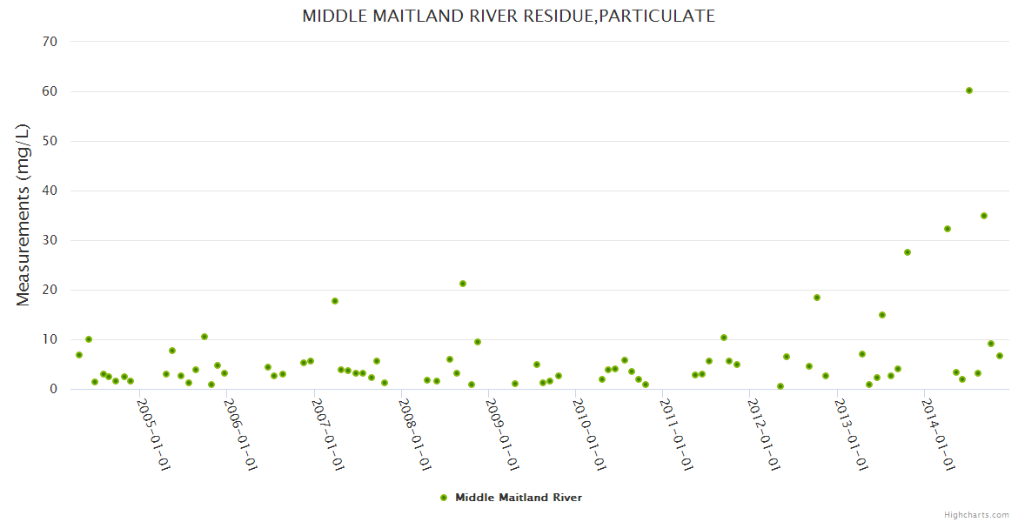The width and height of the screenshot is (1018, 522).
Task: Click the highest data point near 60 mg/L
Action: (x=969, y=90)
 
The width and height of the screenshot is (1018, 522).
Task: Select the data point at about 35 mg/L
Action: (x=984, y=216)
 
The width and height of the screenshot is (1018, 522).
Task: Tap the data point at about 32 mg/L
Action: (x=948, y=229)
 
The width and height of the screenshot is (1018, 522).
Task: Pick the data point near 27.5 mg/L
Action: (x=907, y=252)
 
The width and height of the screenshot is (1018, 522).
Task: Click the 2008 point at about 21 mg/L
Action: (x=463, y=284)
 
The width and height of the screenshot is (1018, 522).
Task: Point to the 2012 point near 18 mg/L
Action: (x=817, y=298)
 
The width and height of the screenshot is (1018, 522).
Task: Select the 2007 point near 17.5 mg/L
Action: (x=335, y=301)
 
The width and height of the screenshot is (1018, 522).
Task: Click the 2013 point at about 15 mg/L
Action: (x=882, y=315)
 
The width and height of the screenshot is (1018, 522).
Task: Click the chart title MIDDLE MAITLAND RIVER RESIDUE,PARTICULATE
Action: (x=509, y=16)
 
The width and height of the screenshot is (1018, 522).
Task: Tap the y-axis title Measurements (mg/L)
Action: (x=23, y=215)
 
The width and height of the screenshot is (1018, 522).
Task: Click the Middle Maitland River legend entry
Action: (x=511, y=498)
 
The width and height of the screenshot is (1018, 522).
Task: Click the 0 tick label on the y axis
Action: (x=53, y=389)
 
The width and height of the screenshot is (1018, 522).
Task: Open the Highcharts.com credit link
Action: (x=977, y=514)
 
